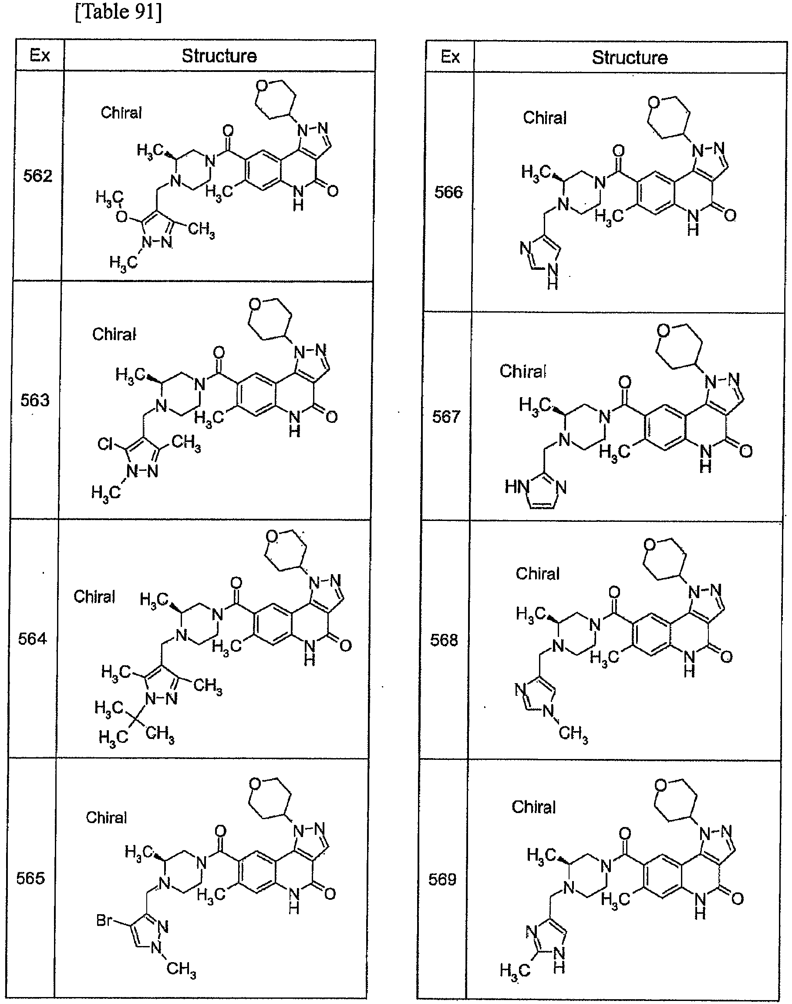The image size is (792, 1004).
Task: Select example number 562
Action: [38, 176]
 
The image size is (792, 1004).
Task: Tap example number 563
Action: [35, 400]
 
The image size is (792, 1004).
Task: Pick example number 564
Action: [33, 639]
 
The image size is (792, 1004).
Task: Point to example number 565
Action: [30, 878]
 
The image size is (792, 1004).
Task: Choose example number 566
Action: [448, 192]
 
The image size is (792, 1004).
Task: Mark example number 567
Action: [447, 416]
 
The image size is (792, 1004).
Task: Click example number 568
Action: [444, 640]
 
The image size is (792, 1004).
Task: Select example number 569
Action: [442, 879]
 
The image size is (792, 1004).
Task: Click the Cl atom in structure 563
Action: [105, 444]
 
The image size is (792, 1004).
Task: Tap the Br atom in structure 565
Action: [104, 919]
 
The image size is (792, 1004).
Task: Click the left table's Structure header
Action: [219, 56]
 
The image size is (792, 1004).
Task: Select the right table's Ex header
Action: [450, 57]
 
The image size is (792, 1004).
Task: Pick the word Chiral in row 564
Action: [94, 596]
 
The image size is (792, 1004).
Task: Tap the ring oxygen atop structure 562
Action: [262, 85]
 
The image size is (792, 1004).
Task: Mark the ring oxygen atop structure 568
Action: [650, 544]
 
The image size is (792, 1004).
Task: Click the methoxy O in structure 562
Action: [121, 216]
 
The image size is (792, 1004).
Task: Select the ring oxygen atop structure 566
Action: [654, 102]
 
